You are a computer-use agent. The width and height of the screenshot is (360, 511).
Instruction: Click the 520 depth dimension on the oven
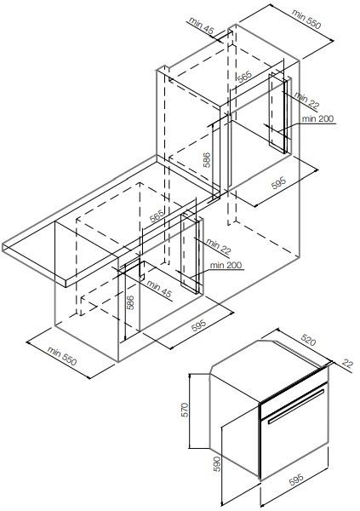pos(308,340)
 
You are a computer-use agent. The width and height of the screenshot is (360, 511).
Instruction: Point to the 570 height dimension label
pos(185,410)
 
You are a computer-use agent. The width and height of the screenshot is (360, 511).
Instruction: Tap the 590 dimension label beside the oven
pos(217,464)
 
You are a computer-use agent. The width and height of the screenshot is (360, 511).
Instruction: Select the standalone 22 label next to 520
pos(347,363)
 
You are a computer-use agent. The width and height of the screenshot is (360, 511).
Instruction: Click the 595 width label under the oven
pos(296,479)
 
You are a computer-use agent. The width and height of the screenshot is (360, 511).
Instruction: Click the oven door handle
pos(296,406)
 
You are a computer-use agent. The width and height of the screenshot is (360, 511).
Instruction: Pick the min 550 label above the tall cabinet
pos(306,19)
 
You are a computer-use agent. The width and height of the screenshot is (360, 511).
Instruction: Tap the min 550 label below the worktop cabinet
pos(62,356)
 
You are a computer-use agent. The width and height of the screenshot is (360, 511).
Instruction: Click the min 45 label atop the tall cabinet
pos(201,26)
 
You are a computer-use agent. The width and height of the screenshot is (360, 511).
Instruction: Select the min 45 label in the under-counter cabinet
pos(159,289)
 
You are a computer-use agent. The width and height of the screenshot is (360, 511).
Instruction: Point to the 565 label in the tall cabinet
pos(244,77)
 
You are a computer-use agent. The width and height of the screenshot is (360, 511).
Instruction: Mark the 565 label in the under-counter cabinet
pos(157,216)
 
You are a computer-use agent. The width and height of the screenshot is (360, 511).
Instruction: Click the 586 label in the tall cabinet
pos(207,160)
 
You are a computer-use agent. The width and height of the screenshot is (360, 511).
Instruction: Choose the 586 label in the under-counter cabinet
pos(129,302)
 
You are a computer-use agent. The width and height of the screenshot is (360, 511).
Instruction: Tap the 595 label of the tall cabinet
pos(278,183)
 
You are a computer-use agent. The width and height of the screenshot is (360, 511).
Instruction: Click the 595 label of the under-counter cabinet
pos(198,325)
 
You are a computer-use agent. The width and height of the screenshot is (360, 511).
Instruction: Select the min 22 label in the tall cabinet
pos(307,100)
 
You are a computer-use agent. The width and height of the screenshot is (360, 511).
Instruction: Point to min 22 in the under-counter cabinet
pos(218,247)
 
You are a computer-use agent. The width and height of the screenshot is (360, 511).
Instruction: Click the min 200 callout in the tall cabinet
pos(317,118)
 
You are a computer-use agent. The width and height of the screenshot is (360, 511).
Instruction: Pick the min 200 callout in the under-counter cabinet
pos(226,265)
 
